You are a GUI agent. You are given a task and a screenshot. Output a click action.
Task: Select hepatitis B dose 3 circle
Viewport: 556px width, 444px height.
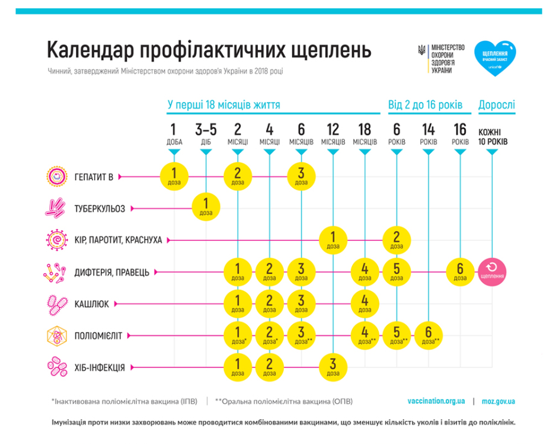tap(301, 176)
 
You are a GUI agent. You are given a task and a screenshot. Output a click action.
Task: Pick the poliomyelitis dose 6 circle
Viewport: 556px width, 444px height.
tap(429, 336)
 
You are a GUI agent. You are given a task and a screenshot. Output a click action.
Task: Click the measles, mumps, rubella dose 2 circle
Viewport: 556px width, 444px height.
tap(397, 240)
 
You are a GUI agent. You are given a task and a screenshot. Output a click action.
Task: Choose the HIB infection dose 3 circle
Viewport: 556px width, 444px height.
tap(333, 367)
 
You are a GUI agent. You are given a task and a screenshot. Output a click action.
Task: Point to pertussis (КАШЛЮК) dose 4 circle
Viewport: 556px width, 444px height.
tap(365, 304)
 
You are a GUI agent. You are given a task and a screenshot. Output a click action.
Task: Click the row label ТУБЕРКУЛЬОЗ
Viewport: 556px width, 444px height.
tap(100, 209)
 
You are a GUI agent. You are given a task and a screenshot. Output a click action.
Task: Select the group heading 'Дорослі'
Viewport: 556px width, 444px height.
tap(497, 105)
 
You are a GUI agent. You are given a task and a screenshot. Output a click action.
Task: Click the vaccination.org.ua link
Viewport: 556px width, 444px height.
tap(436, 401)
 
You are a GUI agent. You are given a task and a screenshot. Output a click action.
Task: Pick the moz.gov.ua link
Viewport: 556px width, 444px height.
tap(498, 401)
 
